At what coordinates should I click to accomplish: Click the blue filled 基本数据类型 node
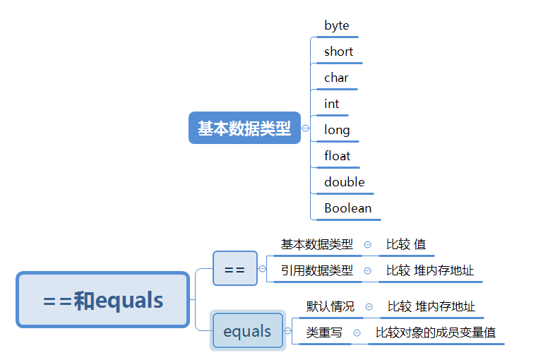(x=244, y=128)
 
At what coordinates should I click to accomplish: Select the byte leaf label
(x=337, y=25)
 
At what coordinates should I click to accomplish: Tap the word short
(x=338, y=52)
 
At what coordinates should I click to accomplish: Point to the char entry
(x=336, y=78)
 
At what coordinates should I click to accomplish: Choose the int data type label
(x=331, y=104)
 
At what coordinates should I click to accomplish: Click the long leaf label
(x=337, y=130)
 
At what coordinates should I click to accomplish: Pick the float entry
(x=338, y=156)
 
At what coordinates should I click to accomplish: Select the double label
(x=345, y=182)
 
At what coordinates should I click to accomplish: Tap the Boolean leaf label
(x=347, y=208)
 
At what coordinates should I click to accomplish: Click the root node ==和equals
(x=103, y=301)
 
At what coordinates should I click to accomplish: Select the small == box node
(x=234, y=269)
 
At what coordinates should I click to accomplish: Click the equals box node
(x=247, y=331)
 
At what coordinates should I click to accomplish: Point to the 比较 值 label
(x=406, y=245)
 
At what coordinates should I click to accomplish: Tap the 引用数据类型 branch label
(x=316, y=270)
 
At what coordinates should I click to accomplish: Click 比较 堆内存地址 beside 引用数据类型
(x=430, y=270)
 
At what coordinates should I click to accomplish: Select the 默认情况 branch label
(x=330, y=306)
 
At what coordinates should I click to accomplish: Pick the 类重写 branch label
(x=324, y=332)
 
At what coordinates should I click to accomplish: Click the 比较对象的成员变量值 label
(x=436, y=332)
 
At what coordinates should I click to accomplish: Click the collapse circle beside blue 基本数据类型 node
(x=305, y=128)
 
